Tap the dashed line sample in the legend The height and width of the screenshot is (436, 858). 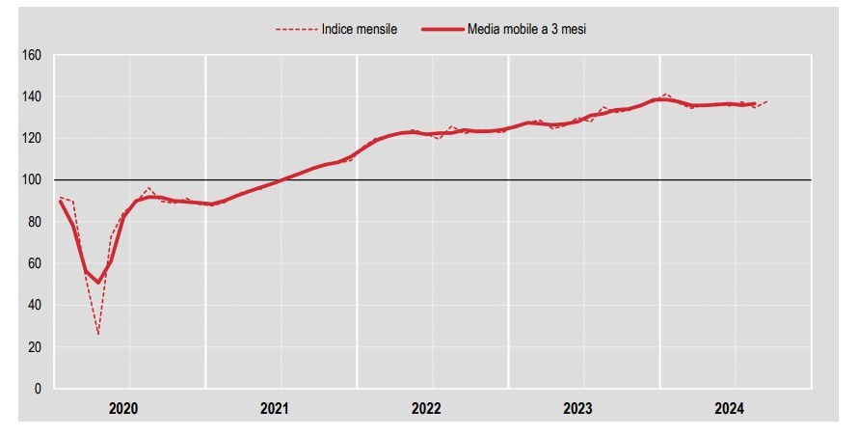click(296, 29)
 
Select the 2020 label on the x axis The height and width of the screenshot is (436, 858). click(123, 409)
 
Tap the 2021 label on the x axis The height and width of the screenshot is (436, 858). click(276, 409)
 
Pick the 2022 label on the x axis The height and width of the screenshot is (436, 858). click(427, 409)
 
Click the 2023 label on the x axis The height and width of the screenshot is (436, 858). click(578, 409)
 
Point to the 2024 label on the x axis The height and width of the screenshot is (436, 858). click(730, 409)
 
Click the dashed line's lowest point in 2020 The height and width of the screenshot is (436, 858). click(98, 334)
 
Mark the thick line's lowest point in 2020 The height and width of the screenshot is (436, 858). click(98, 283)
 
